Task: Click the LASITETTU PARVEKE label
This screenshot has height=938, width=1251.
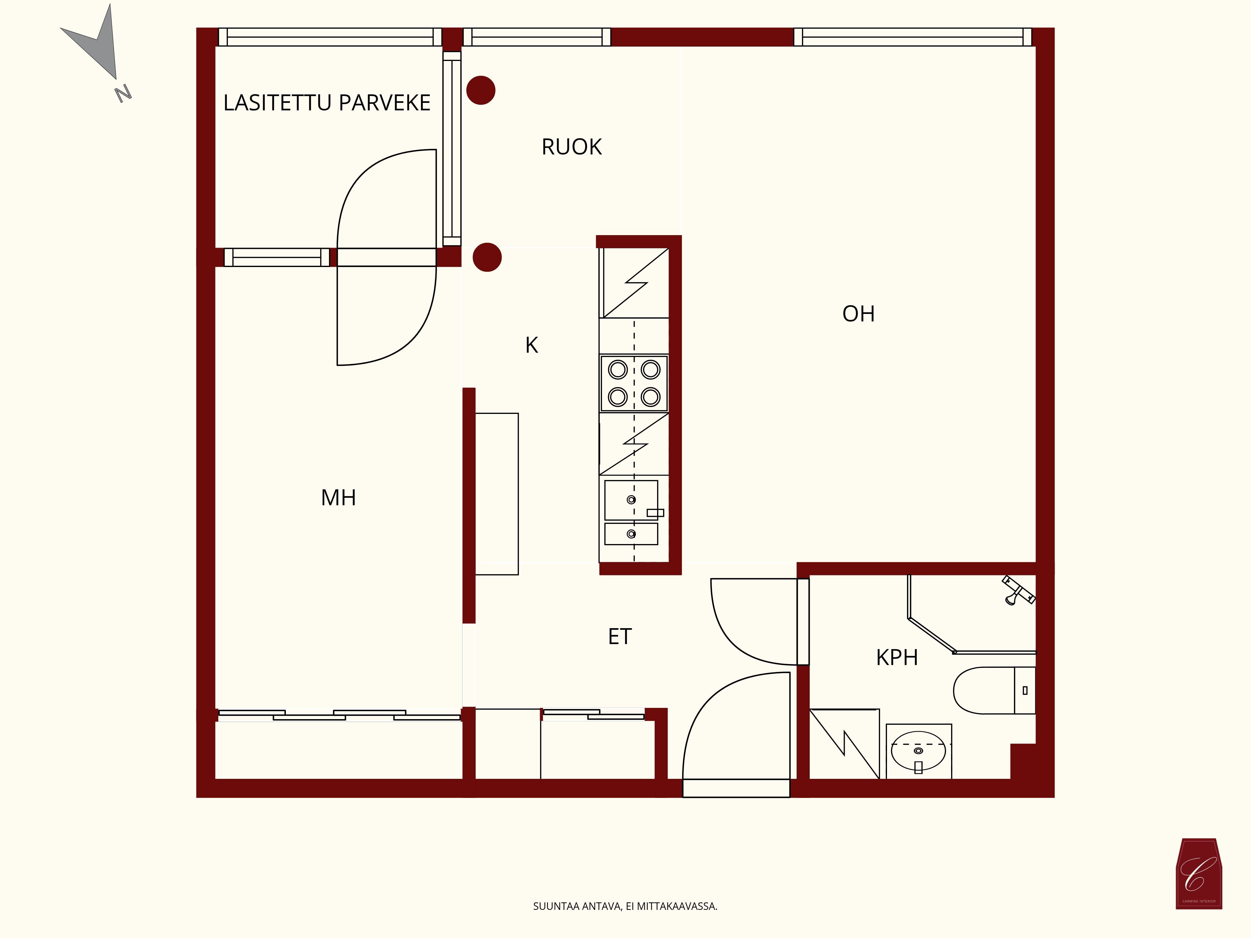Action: pos(327,103)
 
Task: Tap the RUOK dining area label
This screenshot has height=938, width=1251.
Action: pos(571,147)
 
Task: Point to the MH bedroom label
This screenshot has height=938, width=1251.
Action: pos(338,497)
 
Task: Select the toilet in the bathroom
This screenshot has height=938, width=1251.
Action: pos(994,690)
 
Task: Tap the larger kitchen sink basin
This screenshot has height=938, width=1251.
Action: pos(631,500)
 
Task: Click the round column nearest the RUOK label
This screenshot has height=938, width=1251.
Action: pos(481,90)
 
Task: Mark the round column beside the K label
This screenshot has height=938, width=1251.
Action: pos(487,257)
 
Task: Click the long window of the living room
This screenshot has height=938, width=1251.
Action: pos(913,37)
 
